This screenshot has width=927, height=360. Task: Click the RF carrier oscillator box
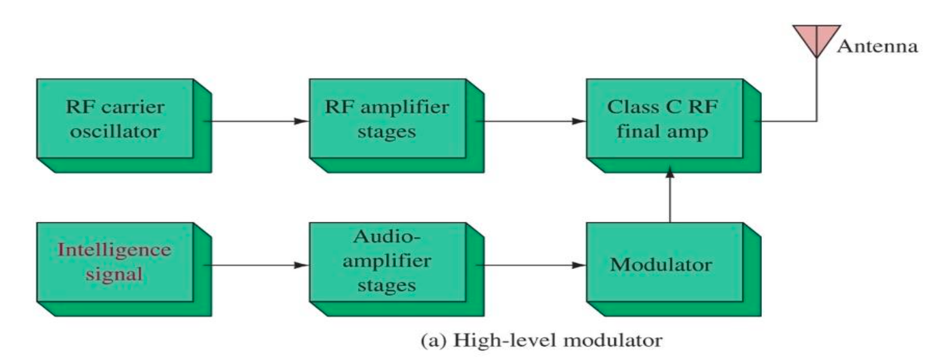pyautogui.click(x=124, y=125)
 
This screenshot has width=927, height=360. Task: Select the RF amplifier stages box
pyautogui.click(x=397, y=125)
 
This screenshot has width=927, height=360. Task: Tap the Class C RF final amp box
pyautogui.click(x=673, y=125)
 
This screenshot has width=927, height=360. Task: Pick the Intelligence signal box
pyautogui.click(x=124, y=270)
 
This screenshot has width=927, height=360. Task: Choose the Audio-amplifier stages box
pyautogui.click(x=397, y=270)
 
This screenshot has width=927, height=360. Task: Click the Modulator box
pyautogui.click(x=673, y=270)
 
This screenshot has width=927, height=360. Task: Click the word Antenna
pyautogui.click(x=878, y=46)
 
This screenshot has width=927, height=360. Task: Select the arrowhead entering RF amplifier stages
pyautogui.click(x=302, y=122)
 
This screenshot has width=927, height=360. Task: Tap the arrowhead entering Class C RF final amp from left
pyautogui.click(x=579, y=122)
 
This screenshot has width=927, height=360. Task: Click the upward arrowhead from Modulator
pyautogui.click(x=670, y=172)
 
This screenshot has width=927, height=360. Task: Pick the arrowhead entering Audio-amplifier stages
pyautogui.click(x=302, y=265)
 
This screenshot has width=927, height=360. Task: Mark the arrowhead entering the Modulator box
pyautogui.click(x=579, y=265)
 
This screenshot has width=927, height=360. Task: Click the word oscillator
pyautogui.click(x=115, y=132)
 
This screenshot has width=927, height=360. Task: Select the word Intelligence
pyautogui.click(x=114, y=250)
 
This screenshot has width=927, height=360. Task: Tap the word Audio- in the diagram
pyautogui.click(x=387, y=237)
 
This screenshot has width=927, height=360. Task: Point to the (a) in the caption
pyautogui.click(x=434, y=341)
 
